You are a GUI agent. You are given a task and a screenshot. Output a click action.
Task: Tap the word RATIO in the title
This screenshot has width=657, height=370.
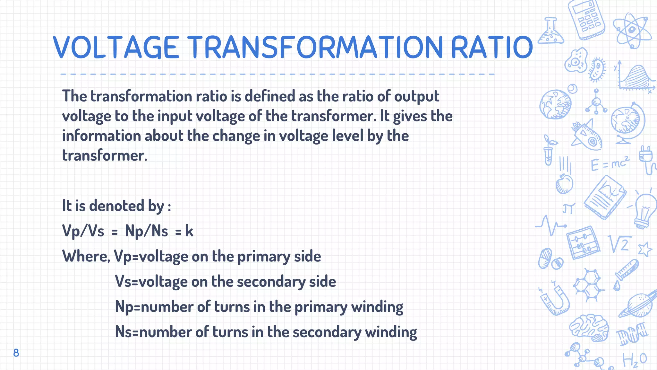click(x=492, y=47)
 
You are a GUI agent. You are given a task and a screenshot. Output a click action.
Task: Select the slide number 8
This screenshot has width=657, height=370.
click(x=16, y=353)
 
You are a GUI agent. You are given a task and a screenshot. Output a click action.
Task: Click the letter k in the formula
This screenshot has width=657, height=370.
click(x=189, y=231)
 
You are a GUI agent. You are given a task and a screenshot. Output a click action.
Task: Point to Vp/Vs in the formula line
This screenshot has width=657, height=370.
click(x=83, y=231)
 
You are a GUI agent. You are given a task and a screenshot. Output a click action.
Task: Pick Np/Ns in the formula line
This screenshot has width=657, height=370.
click(x=146, y=231)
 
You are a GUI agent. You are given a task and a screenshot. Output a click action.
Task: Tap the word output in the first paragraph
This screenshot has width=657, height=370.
click(x=416, y=96)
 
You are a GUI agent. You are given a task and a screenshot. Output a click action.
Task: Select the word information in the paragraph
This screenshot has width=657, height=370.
click(x=101, y=136)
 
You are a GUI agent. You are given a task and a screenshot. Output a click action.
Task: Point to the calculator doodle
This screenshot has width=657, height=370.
click(x=586, y=19)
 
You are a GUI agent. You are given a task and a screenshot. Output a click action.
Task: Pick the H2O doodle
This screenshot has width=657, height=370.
click(x=635, y=360)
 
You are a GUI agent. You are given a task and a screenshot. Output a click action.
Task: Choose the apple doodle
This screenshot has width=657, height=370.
click(x=564, y=184)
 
